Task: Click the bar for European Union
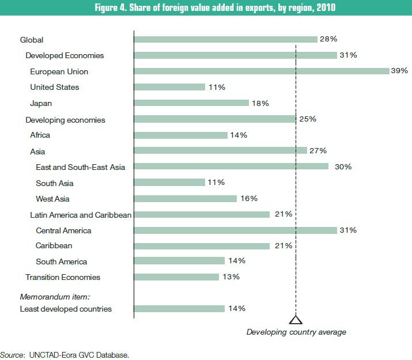(262, 71)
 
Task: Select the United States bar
(169, 87)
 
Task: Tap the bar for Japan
(191, 103)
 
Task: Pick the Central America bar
(235, 230)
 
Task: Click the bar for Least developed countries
(179, 309)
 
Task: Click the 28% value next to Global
(328, 40)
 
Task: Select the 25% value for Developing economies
(308, 119)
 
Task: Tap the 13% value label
(231, 277)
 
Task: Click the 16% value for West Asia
(249, 199)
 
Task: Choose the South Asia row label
(54, 183)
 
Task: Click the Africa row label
(40, 135)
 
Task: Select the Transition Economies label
(63, 277)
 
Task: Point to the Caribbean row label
(54, 245)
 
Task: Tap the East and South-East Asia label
(80, 167)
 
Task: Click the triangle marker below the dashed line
(296, 320)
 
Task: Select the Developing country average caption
(296, 332)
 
